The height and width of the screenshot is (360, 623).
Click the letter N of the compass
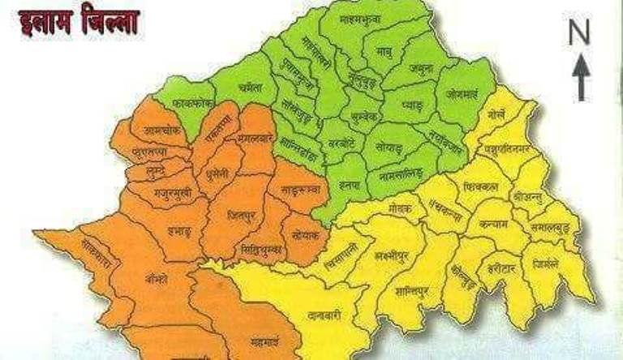(x=578, y=33)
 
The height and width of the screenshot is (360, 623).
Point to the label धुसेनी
(x=219, y=173)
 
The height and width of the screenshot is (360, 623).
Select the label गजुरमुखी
(x=172, y=195)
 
